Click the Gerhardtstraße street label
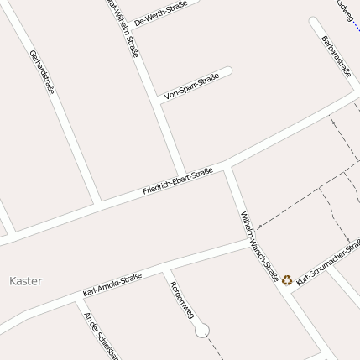pyautogui.click(x=42, y=70)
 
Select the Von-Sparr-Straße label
pyautogui.click(x=192, y=86)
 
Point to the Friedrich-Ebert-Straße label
pyautogui.click(x=177, y=182)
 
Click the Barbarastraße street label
pyautogui.click(x=336, y=56)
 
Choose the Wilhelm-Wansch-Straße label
pyautogui.click(x=259, y=245)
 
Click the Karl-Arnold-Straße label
pyautogui.click(x=112, y=284)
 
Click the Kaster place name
pyautogui.click(x=25, y=281)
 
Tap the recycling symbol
pyautogui.click(x=287, y=280)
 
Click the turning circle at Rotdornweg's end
pyautogui.click(x=201, y=331)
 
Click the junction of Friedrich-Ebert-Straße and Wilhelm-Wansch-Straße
pyautogui.click(x=226, y=168)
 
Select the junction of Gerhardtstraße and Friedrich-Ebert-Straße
pyautogui.click(x=99, y=204)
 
